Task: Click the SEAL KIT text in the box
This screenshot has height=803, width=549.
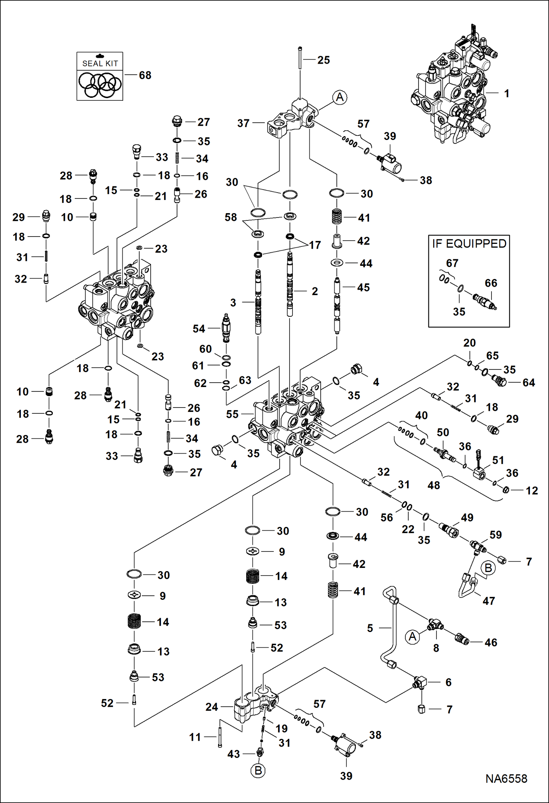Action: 100,63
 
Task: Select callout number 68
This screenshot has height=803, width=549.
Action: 145,75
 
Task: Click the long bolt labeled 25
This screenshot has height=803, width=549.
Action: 300,59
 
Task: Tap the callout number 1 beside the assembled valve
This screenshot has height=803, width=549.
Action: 506,93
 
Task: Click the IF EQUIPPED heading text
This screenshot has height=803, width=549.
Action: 469,243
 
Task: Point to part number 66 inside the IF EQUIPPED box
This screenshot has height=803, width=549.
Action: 491,283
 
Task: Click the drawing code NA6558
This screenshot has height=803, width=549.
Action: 506,778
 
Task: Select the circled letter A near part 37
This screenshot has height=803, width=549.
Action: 340,97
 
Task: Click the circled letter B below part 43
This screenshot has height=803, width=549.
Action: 258,771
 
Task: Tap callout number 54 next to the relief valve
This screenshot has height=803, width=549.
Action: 199,329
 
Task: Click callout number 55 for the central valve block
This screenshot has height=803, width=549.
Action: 232,414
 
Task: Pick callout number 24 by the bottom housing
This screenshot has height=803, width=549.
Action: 211,707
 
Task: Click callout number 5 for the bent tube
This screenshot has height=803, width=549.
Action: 370,628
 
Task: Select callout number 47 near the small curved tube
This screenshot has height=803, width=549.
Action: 489,601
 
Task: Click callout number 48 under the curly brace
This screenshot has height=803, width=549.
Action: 434,485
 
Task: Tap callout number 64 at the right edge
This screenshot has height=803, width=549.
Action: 528,383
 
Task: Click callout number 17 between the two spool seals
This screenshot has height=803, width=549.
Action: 315,245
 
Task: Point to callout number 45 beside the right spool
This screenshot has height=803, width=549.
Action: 363,287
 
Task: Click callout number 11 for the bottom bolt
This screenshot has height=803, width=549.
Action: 195,737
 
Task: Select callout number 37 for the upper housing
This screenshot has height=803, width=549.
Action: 243,123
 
